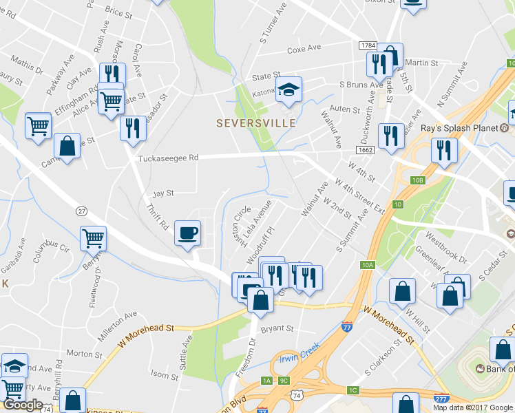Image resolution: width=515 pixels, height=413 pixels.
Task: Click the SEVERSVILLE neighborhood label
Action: pyautogui.click(x=256, y=123)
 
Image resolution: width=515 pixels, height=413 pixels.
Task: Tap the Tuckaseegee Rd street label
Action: pyautogui.click(x=169, y=158)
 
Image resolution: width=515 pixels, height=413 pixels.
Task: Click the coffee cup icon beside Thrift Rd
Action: pyautogui.click(x=187, y=233)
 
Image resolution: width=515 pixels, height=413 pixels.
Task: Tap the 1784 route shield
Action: pyautogui.click(x=368, y=45)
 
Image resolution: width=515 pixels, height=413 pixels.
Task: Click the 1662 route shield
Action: pyautogui.click(x=366, y=149)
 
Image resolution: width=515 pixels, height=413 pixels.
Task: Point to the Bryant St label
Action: pyautogui.click(x=277, y=328)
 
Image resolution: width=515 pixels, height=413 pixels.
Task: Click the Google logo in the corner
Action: pyautogui.click(x=23, y=405)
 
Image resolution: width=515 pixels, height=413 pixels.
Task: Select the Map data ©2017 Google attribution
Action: pyautogui.click(x=473, y=407)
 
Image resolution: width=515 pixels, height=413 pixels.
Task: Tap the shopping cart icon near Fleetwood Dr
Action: pyautogui.click(x=93, y=239)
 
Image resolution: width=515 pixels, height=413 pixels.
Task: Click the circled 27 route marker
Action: pyautogui.click(x=81, y=211)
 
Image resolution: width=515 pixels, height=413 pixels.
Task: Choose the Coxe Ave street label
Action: pyautogui.click(x=304, y=49)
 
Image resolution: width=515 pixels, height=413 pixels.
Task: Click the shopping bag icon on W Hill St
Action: pyautogui.click(x=402, y=292)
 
